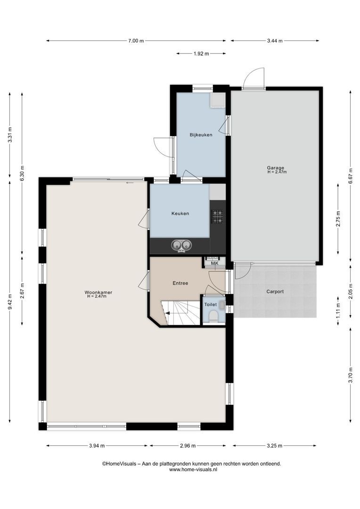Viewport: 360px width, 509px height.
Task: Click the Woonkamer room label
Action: click(x=98, y=292)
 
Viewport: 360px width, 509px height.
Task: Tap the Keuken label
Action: click(x=180, y=213)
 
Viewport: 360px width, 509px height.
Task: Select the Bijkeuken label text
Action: click(x=201, y=135)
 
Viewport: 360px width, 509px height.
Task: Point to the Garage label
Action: click(x=276, y=168)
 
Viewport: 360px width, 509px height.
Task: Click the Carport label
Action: click(x=275, y=292)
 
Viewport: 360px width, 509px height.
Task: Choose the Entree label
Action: click(x=180, y=283)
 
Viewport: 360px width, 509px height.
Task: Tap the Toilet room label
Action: click(x=210, y=304)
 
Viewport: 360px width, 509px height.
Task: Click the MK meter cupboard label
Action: click(x=214, y=263)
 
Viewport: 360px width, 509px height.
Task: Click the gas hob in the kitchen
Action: click(x=218, y=216)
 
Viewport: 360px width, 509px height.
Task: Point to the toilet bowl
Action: click(x=214, y=317)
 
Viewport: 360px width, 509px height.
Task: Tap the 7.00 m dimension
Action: click(x=136, y=41)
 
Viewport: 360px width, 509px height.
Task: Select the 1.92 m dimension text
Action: click(x=201, y=54)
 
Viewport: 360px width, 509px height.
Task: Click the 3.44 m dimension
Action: click(x=275, y=41)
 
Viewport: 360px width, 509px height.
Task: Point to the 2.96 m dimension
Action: click(x=188, y=446)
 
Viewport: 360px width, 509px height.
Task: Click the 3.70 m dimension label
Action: click(x=351, y=375)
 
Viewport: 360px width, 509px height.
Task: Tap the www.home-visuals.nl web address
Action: click(x=193, y=469)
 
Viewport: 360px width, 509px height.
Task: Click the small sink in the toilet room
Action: click(x=222, y=305)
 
